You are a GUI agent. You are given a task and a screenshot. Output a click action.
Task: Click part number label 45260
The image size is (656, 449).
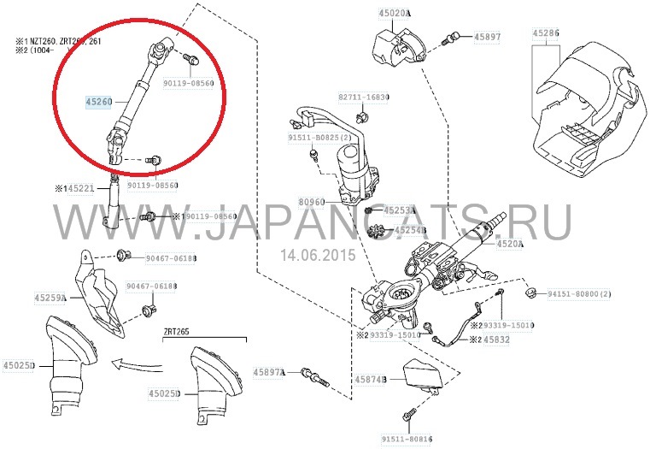click(x=99, y=102)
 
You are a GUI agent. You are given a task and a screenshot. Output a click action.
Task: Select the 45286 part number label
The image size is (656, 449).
click(x=546, y=33)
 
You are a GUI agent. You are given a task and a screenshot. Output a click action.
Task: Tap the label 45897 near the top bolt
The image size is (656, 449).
click(x=488, y=38)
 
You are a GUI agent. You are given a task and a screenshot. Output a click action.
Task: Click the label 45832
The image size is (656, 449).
click(x=499, y=340)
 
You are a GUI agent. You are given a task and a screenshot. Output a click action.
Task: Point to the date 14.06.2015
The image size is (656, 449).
click(x=317, y=254)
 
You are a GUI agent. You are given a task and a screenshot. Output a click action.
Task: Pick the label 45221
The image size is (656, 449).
click(x=81, y=188)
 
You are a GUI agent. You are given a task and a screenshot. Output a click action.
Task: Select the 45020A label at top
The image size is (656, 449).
click(x=394, y=14)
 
